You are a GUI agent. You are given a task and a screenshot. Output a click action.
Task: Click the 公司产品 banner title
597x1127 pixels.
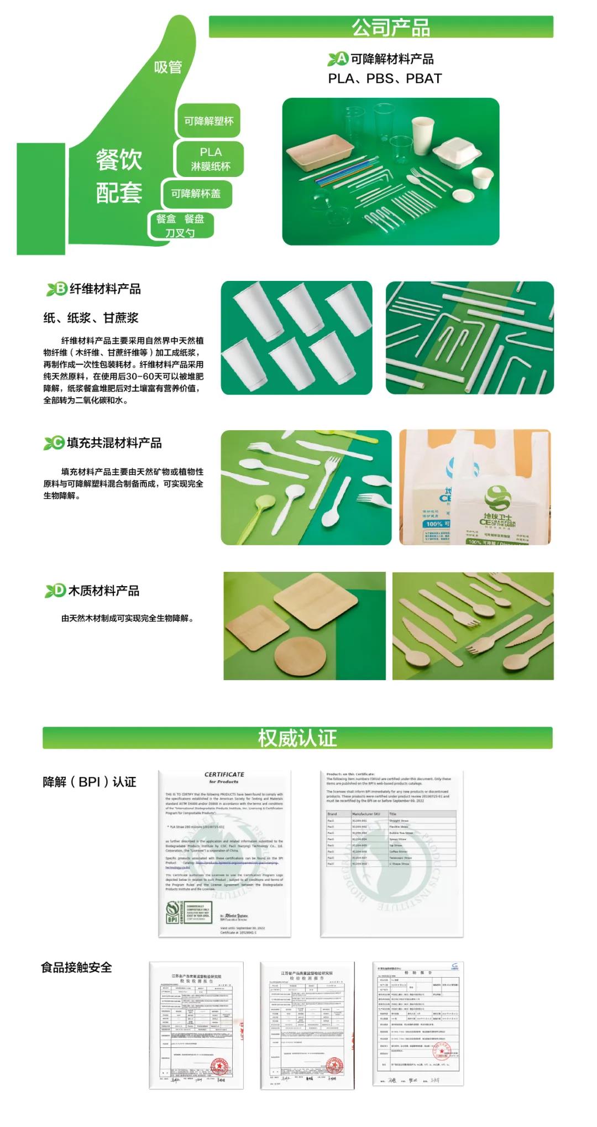(391, 27)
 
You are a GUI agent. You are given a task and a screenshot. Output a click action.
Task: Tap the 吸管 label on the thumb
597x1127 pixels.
(167, 67)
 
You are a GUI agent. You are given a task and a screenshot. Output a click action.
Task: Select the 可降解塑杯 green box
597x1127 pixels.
(208, 121)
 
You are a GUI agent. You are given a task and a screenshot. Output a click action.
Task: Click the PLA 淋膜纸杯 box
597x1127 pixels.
(210, 159)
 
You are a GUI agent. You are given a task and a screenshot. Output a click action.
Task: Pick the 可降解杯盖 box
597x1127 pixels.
(196, 194)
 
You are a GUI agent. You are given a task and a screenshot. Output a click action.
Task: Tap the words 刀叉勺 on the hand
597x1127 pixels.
(180, 233)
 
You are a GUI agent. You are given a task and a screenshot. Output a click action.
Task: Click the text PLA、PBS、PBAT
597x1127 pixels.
(385, 79)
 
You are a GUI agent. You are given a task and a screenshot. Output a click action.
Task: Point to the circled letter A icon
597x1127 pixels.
(342, 59)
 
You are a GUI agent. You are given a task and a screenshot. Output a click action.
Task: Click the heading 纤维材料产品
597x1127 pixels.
(105, 289)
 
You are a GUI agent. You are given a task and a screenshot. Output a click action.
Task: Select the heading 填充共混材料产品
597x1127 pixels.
(114, 443)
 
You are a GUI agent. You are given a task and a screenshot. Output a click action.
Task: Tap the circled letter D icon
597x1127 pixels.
(59, 591)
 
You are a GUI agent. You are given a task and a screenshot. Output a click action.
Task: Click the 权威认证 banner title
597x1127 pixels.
(297, 738)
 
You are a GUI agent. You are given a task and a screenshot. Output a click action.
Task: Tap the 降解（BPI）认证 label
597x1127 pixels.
(90, 782)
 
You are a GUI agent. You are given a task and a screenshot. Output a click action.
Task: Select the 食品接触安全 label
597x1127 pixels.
(76, 967)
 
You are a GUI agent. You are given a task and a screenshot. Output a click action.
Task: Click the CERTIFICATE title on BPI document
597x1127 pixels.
(224, 774)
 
